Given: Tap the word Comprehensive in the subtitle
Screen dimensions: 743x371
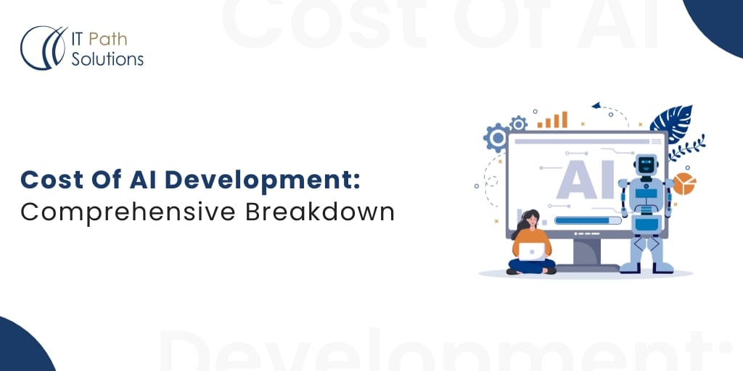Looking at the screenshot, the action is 128,213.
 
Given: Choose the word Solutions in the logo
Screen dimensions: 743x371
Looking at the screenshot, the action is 107,59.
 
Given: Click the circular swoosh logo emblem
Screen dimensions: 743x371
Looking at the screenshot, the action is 43,48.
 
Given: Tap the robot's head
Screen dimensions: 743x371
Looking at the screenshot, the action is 645,166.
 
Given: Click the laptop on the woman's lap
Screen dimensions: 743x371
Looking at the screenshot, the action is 532,251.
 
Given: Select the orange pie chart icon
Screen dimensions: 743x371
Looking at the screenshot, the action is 684,183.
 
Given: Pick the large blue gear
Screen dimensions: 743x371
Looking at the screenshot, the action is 497,138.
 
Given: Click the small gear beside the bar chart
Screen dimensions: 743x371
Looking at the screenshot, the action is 518,123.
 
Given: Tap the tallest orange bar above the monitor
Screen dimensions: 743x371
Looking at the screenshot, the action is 565,120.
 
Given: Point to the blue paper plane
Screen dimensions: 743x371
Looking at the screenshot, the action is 596,105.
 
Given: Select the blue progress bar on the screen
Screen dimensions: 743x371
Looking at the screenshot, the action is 588,220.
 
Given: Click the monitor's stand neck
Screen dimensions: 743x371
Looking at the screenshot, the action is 586,251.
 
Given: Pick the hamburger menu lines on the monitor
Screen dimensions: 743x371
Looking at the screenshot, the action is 657,141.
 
